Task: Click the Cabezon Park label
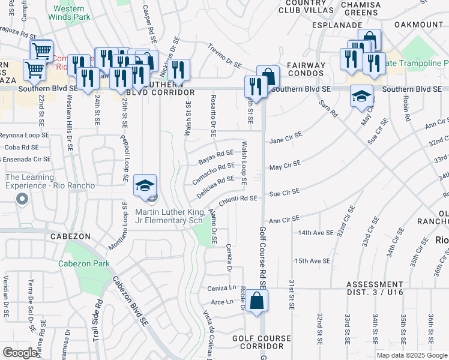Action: (84, 263)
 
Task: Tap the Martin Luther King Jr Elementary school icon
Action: (145, 185)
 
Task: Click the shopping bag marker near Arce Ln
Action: (256, 302)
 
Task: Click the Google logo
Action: (20, 353)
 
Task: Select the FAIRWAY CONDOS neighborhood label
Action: (306, 70)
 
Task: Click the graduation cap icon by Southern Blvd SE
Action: (361, 97)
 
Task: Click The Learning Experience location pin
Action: (22, 199)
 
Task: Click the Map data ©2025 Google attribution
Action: (411, 355)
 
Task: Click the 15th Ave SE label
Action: (312, 261)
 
